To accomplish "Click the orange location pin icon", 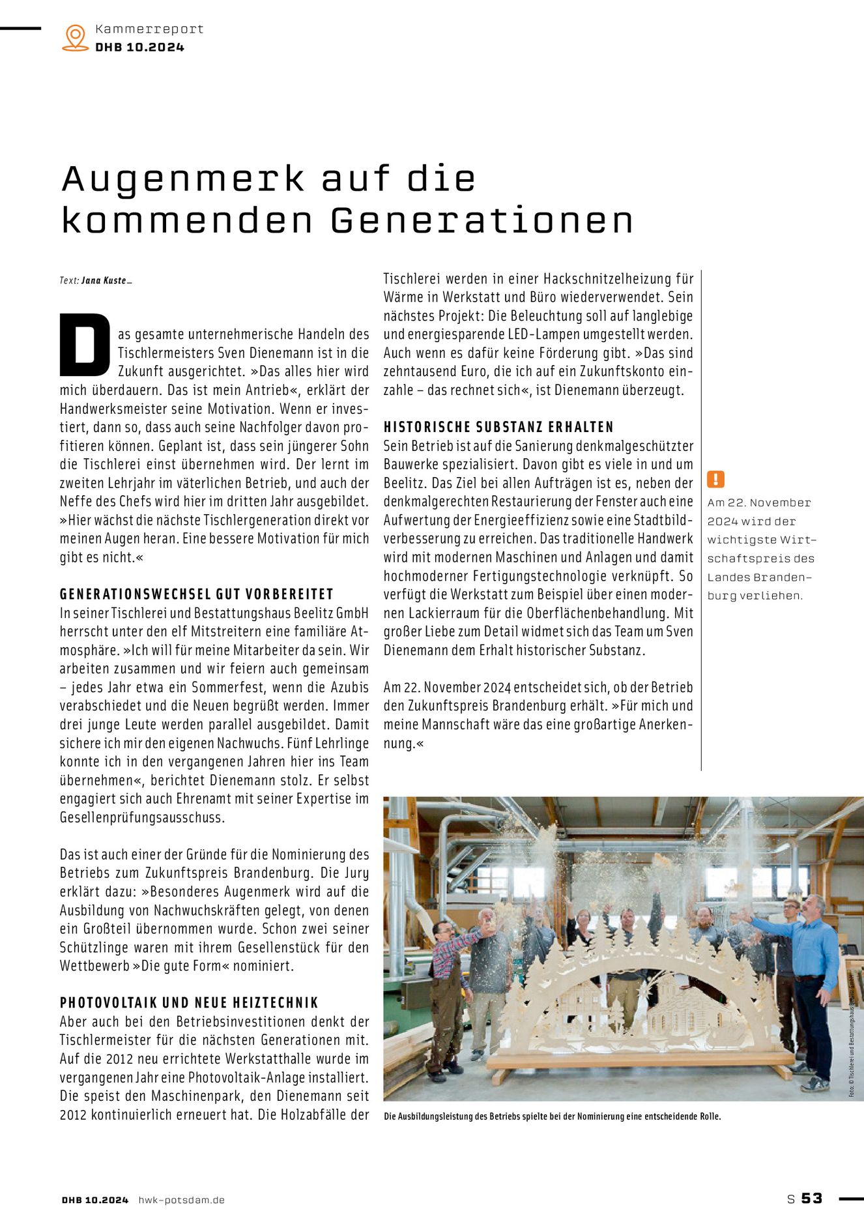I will click(76, 37).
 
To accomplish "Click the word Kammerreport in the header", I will click(149, 29).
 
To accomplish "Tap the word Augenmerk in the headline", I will click(183, 179).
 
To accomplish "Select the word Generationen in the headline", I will click(482, 220).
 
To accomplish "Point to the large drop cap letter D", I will click(85, 345).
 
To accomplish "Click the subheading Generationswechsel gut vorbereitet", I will click(196, 594).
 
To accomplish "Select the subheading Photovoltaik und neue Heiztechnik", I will click(189, 1002).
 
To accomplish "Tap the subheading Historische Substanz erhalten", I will click(498, 427).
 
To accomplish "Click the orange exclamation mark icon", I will click(715, 480).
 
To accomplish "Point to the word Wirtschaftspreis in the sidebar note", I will click(761, 549).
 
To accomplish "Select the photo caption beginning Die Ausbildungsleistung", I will click(552, 1116).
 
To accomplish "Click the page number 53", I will click(812, 1198).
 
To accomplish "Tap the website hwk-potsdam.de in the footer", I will click(181, 1200).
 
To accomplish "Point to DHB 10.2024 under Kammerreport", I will click(139, 47).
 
